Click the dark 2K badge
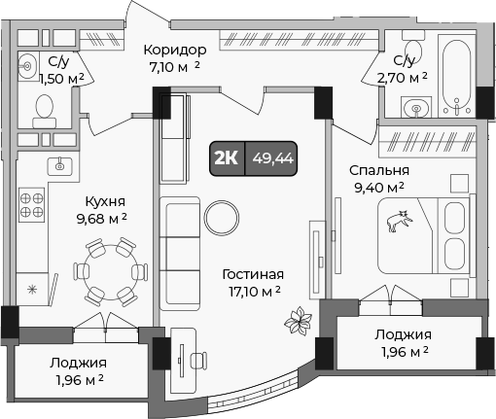(227, 158)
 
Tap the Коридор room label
(175, 50)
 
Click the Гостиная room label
(252, 273)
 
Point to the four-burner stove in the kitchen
(32, 205)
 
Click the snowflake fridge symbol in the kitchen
(31, 289)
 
